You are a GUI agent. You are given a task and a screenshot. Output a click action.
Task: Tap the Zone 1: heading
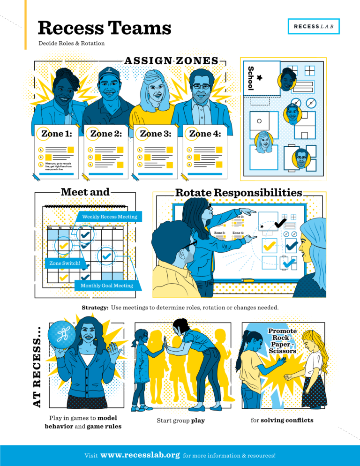56,134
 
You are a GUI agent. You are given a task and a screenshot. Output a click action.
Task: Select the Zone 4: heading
204,134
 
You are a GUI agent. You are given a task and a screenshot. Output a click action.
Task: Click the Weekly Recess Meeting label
110,217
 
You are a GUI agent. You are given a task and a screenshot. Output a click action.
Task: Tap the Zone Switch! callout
65,263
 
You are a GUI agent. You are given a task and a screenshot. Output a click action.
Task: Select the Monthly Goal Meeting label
106,286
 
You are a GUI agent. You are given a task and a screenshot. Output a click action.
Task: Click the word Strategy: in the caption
95,308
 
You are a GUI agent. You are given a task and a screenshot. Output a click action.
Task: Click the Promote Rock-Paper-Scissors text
282,341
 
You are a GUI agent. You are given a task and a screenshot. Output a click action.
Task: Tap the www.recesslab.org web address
140,455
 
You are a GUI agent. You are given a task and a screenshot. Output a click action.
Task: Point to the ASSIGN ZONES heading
171,60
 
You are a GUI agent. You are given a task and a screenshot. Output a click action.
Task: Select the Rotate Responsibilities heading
238,193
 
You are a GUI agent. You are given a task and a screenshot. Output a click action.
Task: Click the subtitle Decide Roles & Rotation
71,44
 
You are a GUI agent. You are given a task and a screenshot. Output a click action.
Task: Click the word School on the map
250,78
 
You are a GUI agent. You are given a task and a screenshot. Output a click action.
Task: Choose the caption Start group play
180,421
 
